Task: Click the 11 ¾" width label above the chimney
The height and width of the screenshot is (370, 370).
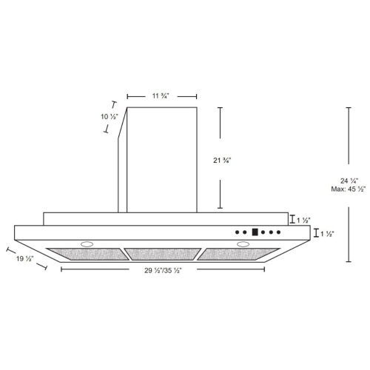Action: coord(161,95)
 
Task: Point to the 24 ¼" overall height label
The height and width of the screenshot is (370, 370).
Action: coord(349,181)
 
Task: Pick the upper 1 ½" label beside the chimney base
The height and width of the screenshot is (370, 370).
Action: coord(303,219)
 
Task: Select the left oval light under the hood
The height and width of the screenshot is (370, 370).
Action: coord(87,243)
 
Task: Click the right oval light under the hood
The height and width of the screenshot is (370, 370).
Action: coord(241,243)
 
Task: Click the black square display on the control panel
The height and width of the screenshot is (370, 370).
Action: coord(255,231)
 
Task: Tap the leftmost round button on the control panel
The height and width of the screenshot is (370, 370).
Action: coord(237,232)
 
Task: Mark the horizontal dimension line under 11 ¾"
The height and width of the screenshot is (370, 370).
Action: coord(161,95)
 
